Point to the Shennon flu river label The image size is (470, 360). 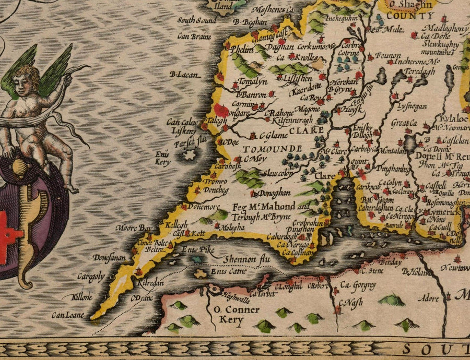(241, 259)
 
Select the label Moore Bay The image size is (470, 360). (134, 228)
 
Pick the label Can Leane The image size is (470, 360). (68, 315)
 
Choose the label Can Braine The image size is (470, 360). (194, 37)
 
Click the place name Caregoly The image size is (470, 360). (91, 277)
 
